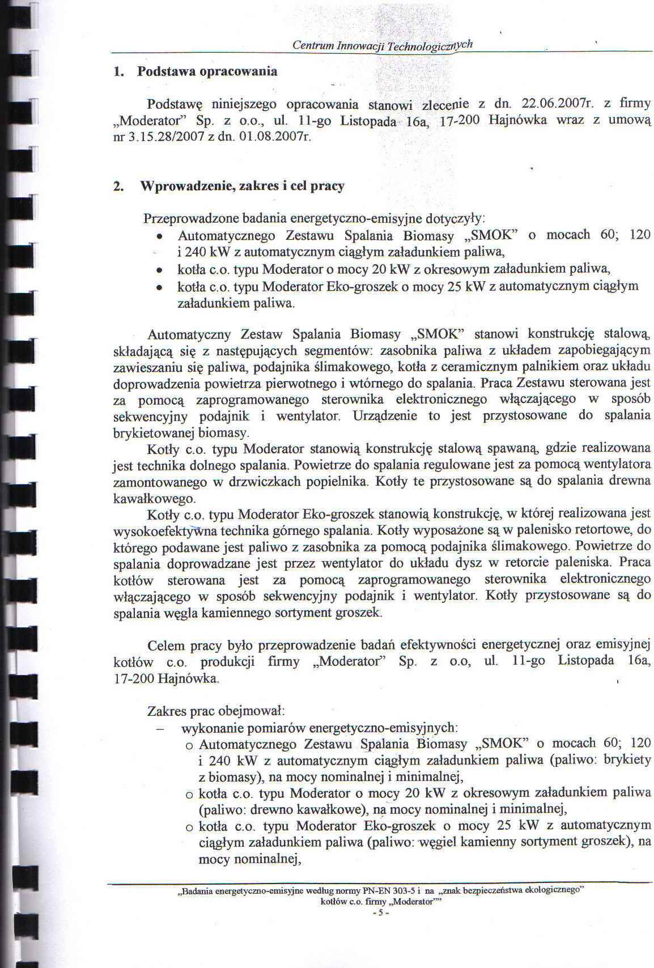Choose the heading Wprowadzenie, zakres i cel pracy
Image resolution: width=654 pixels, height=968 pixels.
point(243,186)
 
